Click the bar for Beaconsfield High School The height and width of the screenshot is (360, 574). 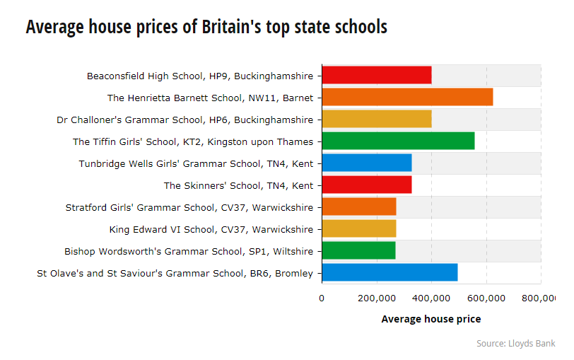376,75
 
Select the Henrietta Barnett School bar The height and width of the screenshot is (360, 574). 407,98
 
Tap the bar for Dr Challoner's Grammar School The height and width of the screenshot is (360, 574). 376,120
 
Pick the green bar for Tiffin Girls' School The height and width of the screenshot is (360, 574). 398,141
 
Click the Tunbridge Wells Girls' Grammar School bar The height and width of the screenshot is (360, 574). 366,163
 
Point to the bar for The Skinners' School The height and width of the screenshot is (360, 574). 366,185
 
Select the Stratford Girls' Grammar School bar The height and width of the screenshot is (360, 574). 358,207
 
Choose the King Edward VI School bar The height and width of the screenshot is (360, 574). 358,229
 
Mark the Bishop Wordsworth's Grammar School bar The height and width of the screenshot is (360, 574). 358,251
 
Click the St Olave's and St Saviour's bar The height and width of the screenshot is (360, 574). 389,273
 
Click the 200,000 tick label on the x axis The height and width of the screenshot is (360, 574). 377,298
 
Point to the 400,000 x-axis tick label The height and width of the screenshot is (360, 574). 432,298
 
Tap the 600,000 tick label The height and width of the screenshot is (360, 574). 486,298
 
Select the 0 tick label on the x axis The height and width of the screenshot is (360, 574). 322,298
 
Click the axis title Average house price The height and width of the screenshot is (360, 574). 431,319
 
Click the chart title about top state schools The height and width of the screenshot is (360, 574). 206,27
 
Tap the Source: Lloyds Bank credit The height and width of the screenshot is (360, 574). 515,343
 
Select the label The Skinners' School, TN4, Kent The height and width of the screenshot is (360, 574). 238,185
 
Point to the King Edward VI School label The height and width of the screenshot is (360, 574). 211,229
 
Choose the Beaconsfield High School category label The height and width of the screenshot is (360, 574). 199,76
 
